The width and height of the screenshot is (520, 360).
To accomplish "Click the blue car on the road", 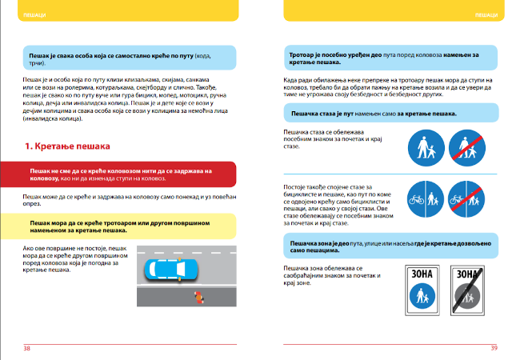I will [170, 270].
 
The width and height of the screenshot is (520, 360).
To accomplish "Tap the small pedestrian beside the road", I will [196, 298].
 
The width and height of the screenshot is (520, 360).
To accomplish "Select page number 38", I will [27, 348].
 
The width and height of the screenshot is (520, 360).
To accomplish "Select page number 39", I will [494, 348].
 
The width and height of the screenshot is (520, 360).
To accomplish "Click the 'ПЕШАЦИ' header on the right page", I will [486, 15].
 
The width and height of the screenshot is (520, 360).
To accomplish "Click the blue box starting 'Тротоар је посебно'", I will [386, 57].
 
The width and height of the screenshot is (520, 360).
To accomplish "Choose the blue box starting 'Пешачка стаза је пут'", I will [386, 114].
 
